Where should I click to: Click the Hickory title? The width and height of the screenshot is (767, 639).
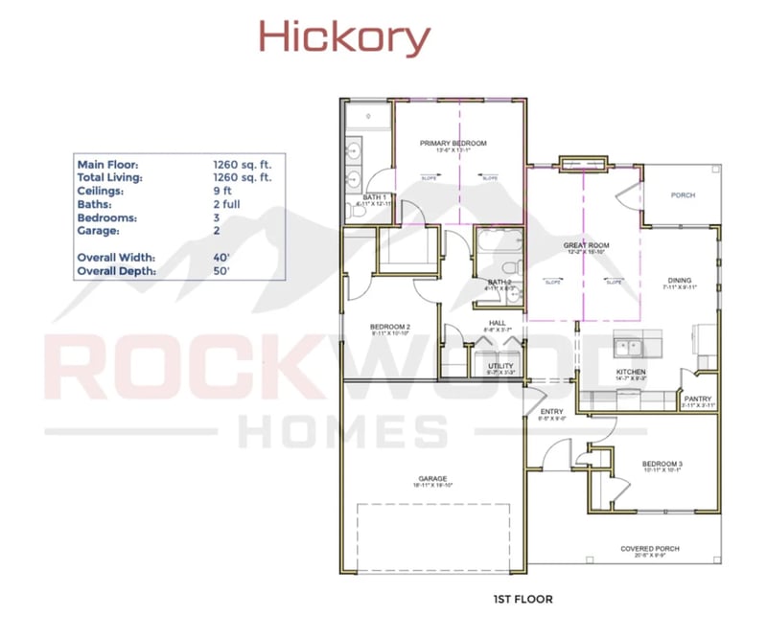tap(343, 38)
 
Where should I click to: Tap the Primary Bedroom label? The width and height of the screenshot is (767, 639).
tap(453, 144)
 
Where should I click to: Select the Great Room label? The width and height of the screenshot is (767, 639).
tap(586, 246)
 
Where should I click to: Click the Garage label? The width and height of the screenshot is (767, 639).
tap(432, 479)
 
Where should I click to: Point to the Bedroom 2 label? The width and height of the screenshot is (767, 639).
tap(390, 328)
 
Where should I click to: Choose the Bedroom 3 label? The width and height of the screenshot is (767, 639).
tap(662, 465)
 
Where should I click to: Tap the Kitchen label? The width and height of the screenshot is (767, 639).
tap(631, 372)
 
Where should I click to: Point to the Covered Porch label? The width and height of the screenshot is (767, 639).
tap(649, 549)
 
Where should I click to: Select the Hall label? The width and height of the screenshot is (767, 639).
tap(497, 323)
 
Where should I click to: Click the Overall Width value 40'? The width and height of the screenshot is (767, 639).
tap(221, 259)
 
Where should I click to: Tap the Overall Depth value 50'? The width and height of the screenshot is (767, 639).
tap(221, 272)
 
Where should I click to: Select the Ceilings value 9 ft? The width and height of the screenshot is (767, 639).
tap(222, 191)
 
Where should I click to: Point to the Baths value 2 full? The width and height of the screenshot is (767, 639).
tap(228, 204)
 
